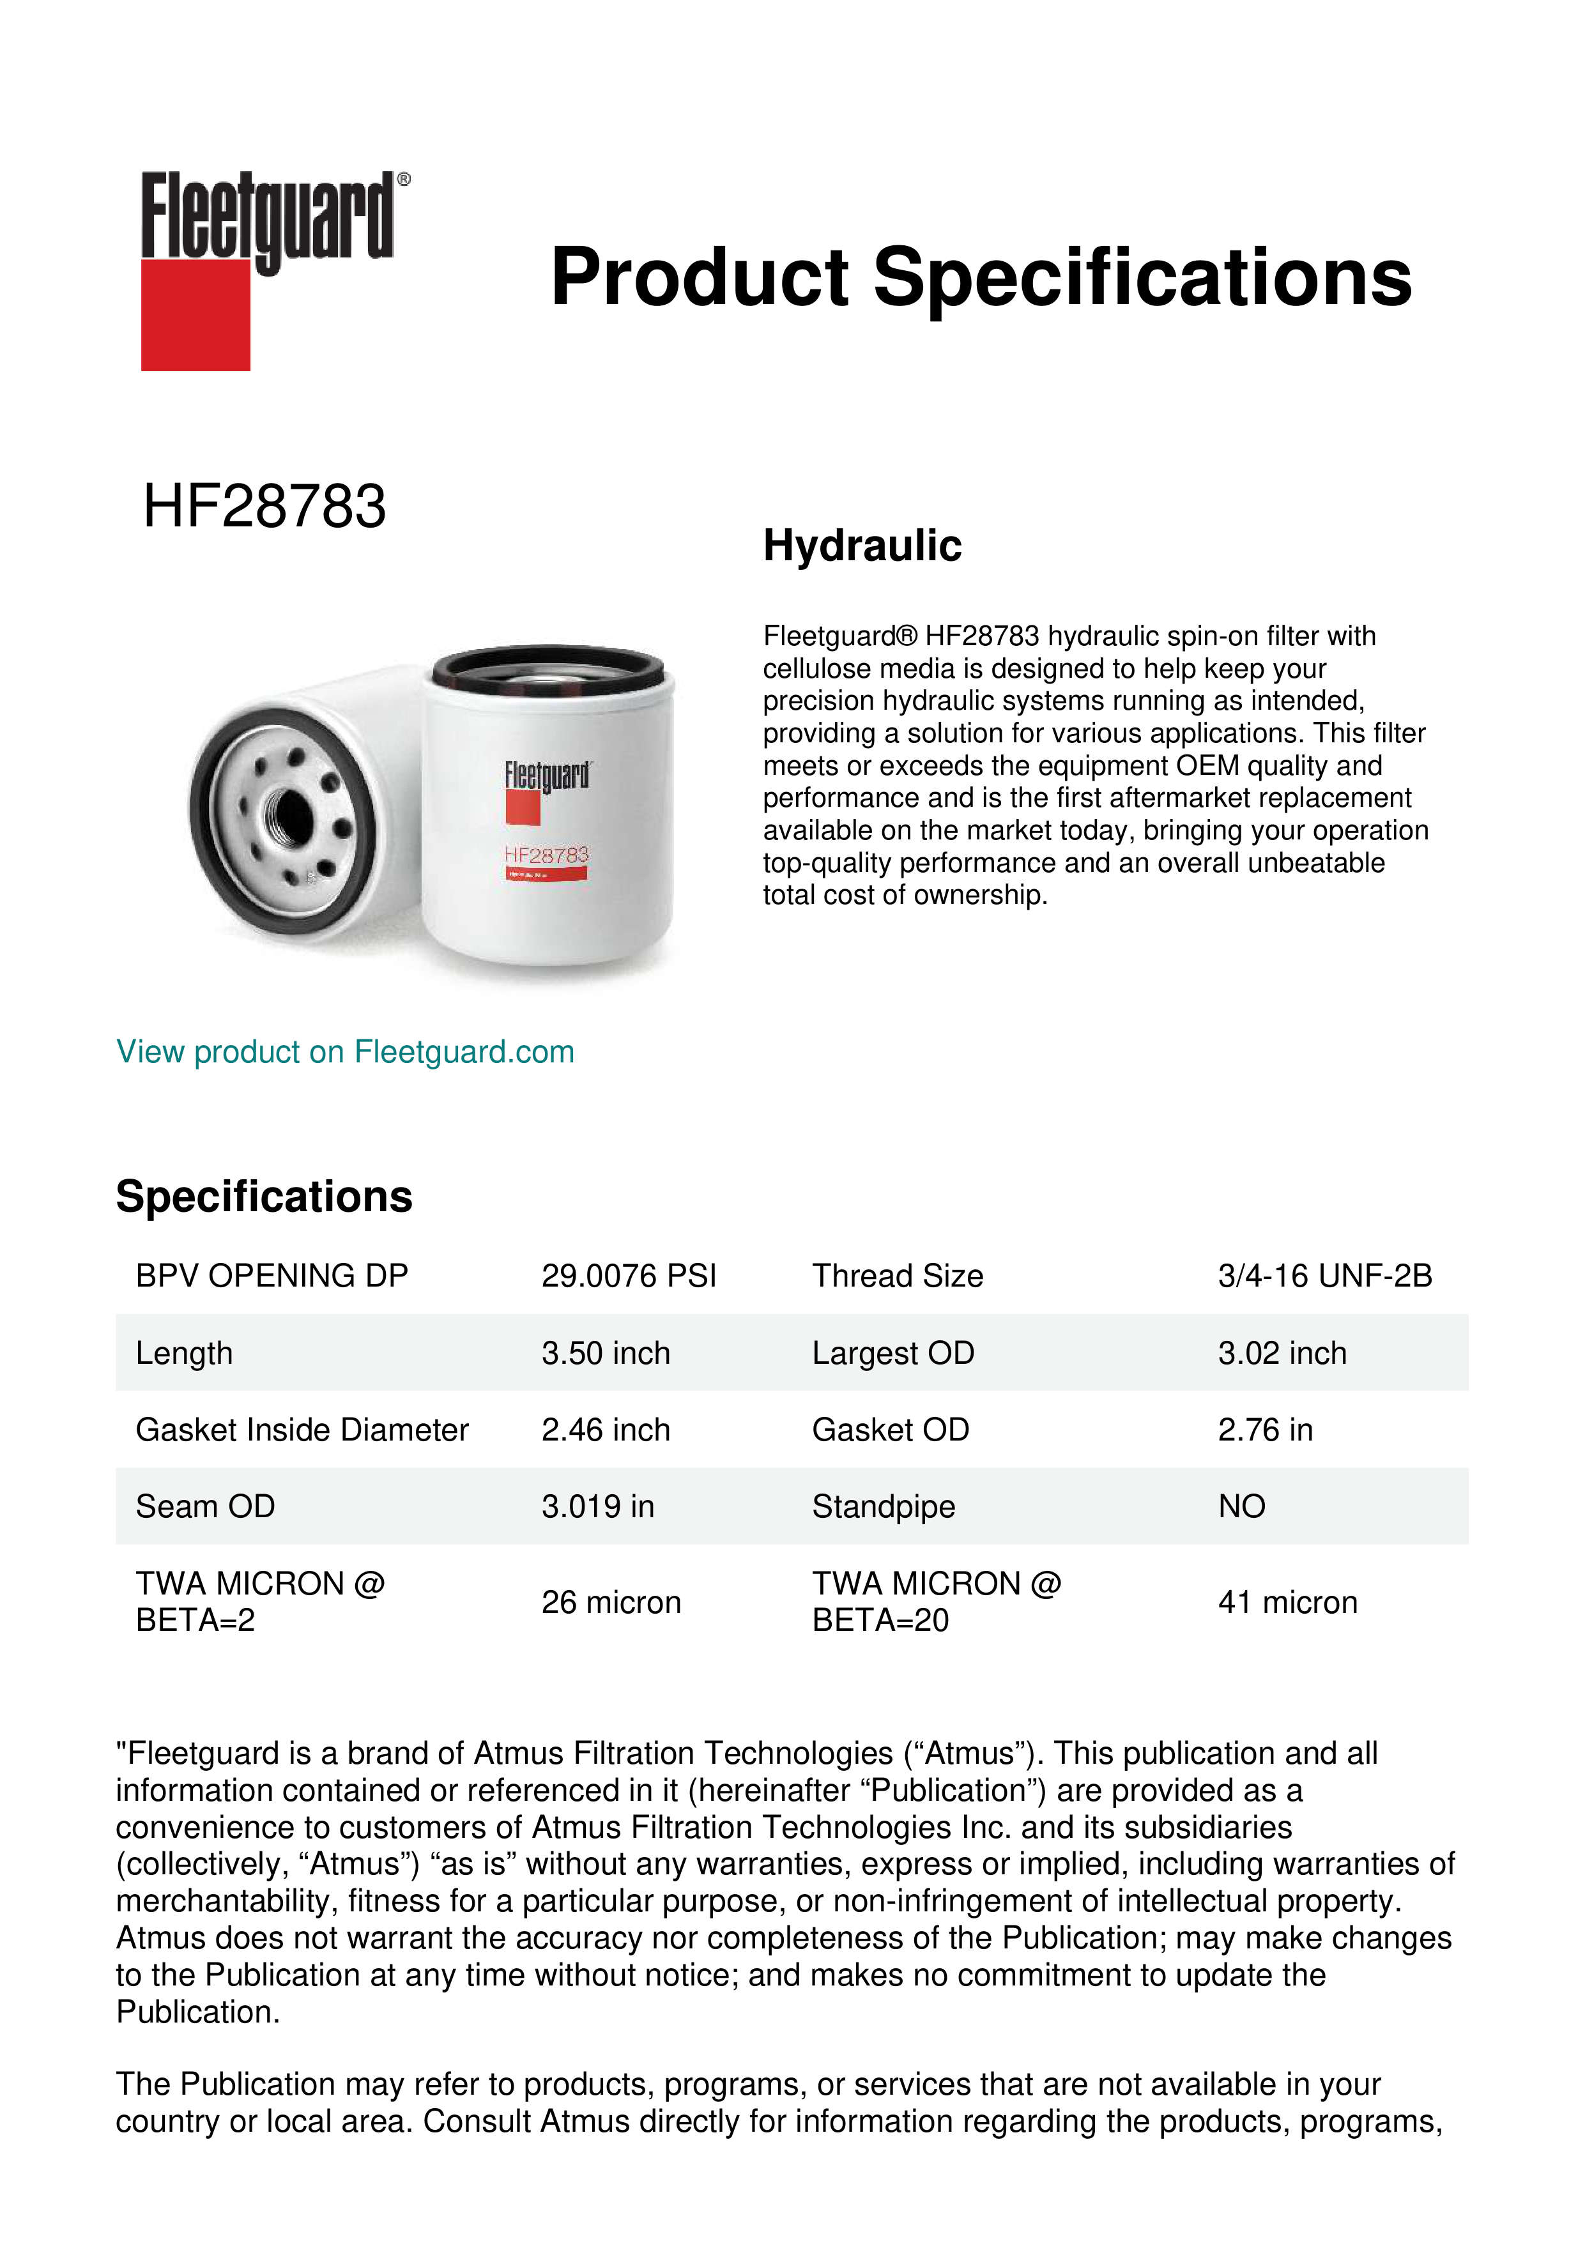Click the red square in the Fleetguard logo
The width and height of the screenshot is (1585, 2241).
pyautogui.click(x=195, y=314)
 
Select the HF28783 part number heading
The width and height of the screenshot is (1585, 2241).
pyautogui.click(x=264, y=507)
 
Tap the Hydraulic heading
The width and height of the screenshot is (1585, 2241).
pyautogui.click(x=862, y=545)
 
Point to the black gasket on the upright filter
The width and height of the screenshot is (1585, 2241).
pyautogui.click(x=553, y=666)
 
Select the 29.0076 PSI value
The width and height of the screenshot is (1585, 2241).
pyautogui.click(x=629, y=1276)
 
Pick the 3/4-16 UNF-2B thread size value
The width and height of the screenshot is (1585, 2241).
pyautogui.click(x=1324, y=1276)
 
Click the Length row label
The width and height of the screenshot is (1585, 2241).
pyautogui.click(x=185, y=1353)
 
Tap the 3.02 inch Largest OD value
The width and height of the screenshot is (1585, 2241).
pyautogui.click(x=1282, y=1353)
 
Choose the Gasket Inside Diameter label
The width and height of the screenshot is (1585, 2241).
pyautogui.click(x=302, y=1429)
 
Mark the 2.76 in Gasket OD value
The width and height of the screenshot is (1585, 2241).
pyautogui.click(x=1265, y=1429)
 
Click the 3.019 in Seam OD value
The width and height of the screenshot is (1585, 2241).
pyautogui.click(x=597, y=1506)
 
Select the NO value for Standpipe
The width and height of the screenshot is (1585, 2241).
pyautogui.click(x=1241, y=1506)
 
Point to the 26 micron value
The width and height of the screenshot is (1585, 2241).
pyautogui.click(x=611, y=1602)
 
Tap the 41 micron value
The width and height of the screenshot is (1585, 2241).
pyautogui.click(x=1287, y=1602)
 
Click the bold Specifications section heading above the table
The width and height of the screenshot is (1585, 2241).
pyautogui.click(x=263, y=1197)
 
